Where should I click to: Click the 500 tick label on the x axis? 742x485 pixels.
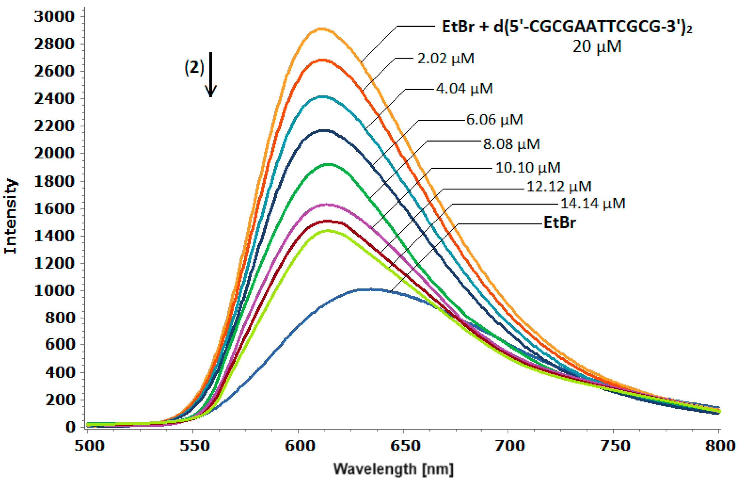click(89, 446)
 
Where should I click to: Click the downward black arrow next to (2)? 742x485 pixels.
click(211, 75)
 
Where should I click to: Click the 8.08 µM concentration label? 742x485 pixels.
click(511, 144)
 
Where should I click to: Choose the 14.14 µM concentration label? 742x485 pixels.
click(593, 204)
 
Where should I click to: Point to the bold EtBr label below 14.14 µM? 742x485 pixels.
click(560, 223)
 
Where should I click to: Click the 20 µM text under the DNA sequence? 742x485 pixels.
click(597, 47)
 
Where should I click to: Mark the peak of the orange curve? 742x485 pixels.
click(322, 29)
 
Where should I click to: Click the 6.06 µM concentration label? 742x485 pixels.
click(494, 119)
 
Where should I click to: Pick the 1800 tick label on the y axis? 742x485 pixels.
click(55, 181)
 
